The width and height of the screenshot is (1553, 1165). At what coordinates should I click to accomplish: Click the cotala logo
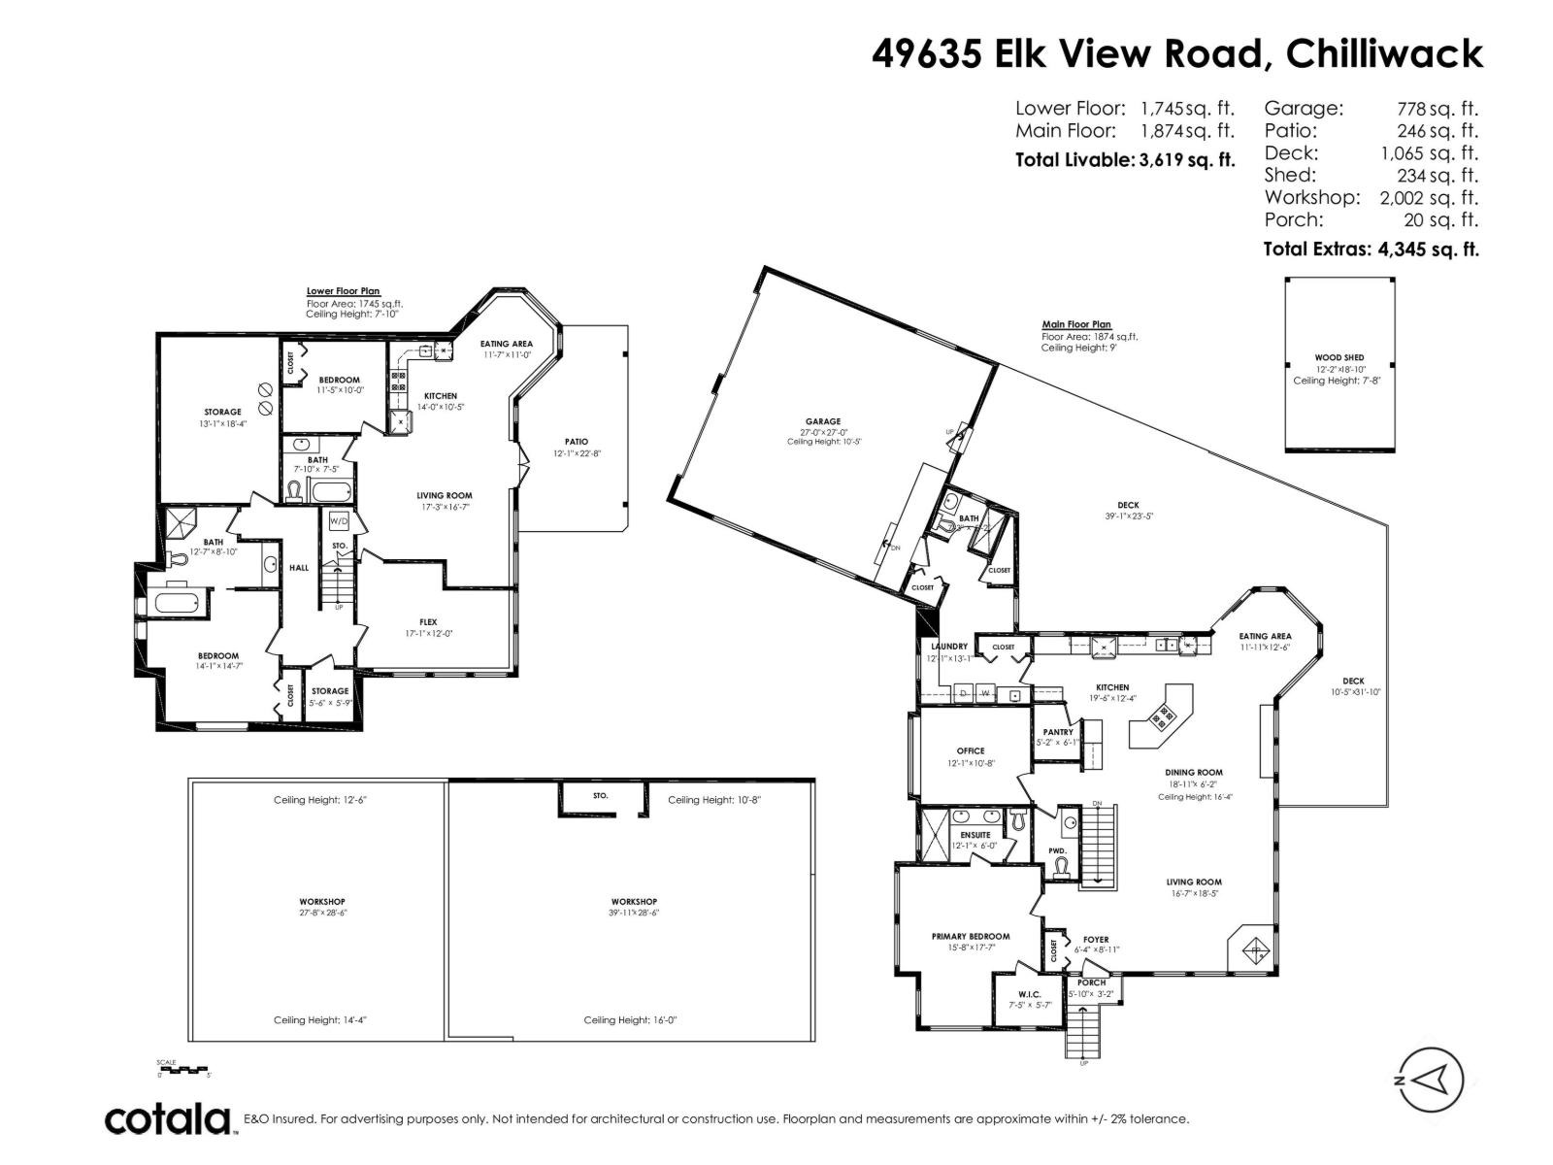point(168,1119)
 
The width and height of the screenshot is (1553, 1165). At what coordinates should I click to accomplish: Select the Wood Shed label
point(1339,357)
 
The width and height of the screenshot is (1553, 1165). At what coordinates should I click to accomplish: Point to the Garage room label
point(823,421)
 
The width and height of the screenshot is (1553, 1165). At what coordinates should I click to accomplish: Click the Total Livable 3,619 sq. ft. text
point(1124,160)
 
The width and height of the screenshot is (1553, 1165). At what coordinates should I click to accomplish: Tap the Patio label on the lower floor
point(577,442)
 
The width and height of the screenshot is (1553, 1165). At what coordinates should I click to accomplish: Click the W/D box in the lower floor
point(339,521)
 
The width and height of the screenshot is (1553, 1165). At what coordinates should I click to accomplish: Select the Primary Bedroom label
point(971,937)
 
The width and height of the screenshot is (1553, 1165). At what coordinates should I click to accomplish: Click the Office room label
point(971,750)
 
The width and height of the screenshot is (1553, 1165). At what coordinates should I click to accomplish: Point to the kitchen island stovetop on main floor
point(1162,716)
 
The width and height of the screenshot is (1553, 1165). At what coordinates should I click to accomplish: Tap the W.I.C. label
point(1029,995)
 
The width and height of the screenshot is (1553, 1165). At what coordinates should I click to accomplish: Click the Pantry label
point(1057,732)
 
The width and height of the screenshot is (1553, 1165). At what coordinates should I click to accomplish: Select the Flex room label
point(428,622)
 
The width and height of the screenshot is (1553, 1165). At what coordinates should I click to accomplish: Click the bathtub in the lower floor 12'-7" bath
point(178,603)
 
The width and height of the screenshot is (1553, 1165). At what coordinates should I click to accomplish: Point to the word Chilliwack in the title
point(1384,53)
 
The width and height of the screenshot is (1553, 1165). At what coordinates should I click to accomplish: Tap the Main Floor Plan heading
point(1075,324)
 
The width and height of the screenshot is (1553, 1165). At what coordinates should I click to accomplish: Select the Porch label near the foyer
point(1091,982)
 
